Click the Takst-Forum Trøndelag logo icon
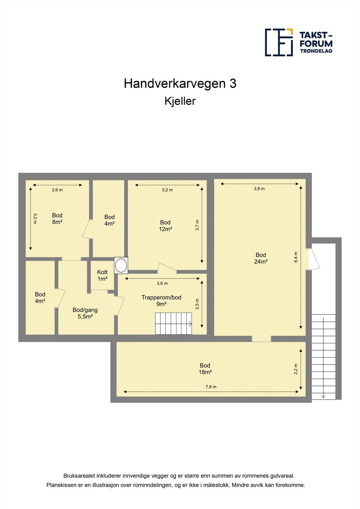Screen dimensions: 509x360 (279, 42)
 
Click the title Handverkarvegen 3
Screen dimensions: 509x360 (180, 84)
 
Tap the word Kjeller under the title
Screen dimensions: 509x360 (180, 101)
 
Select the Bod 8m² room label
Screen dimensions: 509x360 (57, 219)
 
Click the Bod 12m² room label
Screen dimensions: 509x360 (166, 226)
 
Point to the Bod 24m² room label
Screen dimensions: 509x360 (261, 258)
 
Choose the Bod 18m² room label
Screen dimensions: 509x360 (205, 369)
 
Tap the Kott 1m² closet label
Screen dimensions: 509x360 (102, 275)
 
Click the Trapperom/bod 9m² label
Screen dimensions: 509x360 (161, 301)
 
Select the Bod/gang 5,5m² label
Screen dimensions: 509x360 (85, 313)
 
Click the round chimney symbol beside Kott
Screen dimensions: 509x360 (121, 265)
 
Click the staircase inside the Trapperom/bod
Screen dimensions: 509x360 (173, 324)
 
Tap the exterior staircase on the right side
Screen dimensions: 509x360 (323, 356)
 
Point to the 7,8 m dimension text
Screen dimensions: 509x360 (211, 387)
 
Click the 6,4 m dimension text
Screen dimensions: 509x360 (296, 257)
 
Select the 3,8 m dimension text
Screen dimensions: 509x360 (259, 189)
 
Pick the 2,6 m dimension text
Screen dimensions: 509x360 (57, 190)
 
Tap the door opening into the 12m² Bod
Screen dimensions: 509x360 (167, 268)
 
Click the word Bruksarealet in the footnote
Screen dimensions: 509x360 (78, 476)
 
